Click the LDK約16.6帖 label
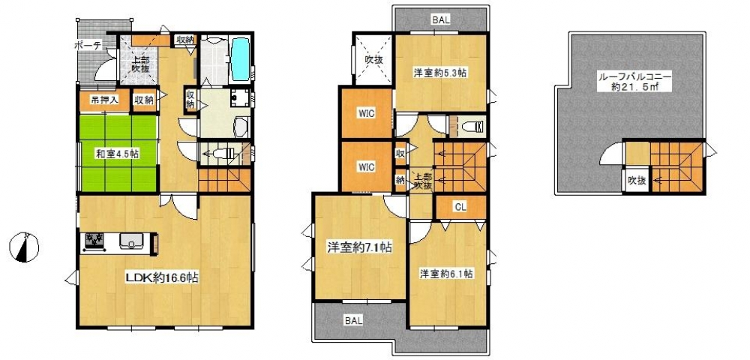pyautogui.click(x=162, y=277)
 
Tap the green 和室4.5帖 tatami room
pyautogui.click(x=118, y=154)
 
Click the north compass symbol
pyautogui.click(x=23, y=247)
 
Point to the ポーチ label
pyautogui.click(x=88, y=46)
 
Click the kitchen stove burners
pyautogui.click(x=97, y=241)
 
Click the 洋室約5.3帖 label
pyautogui.click(x=439, y=73)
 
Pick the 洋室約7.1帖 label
pyautogui.click(x=359, y=247)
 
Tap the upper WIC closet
pyautogui.click(x=366, y=113)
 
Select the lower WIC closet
pyautogui.click(x=366, y=166)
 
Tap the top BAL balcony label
pyautogui.click(x=440, y=20)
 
